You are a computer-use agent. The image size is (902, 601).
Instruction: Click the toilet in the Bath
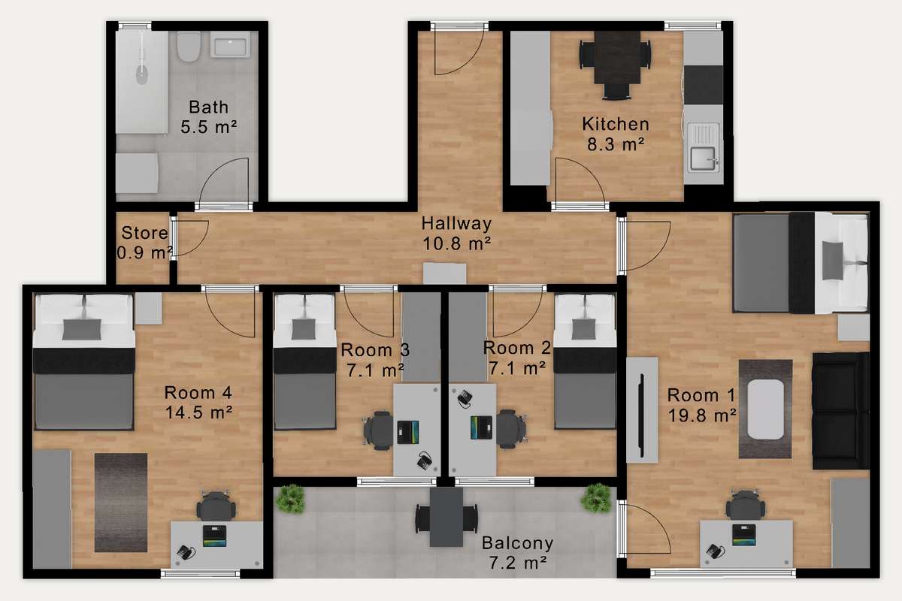point(189,47)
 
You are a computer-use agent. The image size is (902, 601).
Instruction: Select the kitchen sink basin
point(703,159)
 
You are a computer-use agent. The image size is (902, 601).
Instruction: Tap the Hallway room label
point(456,223)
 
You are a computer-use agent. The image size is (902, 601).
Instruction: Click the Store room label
point(144,233)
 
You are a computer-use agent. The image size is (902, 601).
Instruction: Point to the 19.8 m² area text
point(702,415)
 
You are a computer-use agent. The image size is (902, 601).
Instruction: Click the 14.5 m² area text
point(198,412)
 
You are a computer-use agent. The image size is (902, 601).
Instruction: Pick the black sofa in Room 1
point(840,411)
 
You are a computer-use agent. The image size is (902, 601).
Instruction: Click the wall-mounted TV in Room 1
point(642,415)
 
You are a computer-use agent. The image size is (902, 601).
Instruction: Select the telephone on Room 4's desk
point(186,552)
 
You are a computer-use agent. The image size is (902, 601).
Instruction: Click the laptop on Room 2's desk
point(481,427)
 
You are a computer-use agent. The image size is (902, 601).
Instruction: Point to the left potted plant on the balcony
point(290,499)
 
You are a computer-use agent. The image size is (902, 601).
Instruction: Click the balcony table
point(446,516)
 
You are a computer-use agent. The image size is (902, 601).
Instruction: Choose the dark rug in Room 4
point(121,503)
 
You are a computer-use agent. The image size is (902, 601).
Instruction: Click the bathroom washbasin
point(230,44)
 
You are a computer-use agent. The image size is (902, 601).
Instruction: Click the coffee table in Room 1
point(765,409)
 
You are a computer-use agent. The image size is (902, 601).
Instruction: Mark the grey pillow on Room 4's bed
point(82,329)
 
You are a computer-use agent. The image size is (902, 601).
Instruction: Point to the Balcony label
point(517,543)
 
